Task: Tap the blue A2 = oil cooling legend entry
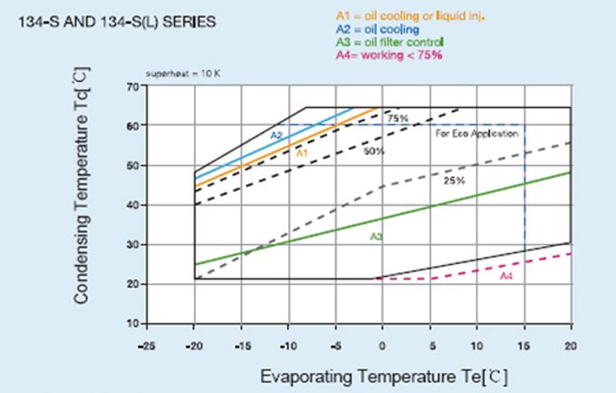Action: [x=372, y=30]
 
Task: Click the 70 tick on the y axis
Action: [x=131, y=86]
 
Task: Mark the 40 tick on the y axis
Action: [x=131, y=205]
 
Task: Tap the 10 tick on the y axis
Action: [x=131, y=324]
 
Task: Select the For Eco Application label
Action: [x=476, y=134]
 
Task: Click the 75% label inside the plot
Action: [x=397, y=119]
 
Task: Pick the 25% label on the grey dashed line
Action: [x=454, y=181]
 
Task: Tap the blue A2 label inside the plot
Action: [x=276, y=135]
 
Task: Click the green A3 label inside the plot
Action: [x=375, y=237]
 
